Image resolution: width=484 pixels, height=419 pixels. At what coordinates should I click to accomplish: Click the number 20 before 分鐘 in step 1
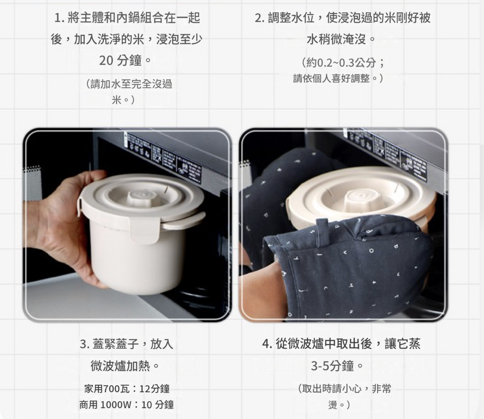pos(106,60)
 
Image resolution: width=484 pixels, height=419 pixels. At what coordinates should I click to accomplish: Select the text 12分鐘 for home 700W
pos(154,389)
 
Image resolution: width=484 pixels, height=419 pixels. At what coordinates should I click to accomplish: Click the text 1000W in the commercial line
pos(115,404)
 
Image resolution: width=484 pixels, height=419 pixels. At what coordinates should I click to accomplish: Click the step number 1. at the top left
pos(59,18)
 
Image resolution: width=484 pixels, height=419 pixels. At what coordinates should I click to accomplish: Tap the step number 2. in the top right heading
pos(260,18)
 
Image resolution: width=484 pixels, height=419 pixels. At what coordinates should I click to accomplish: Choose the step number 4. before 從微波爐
pos(267,344)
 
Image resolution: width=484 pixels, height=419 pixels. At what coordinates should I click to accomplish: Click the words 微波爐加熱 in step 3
pos(120,366)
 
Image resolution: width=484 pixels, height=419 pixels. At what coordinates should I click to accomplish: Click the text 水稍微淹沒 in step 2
pos(336,39)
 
